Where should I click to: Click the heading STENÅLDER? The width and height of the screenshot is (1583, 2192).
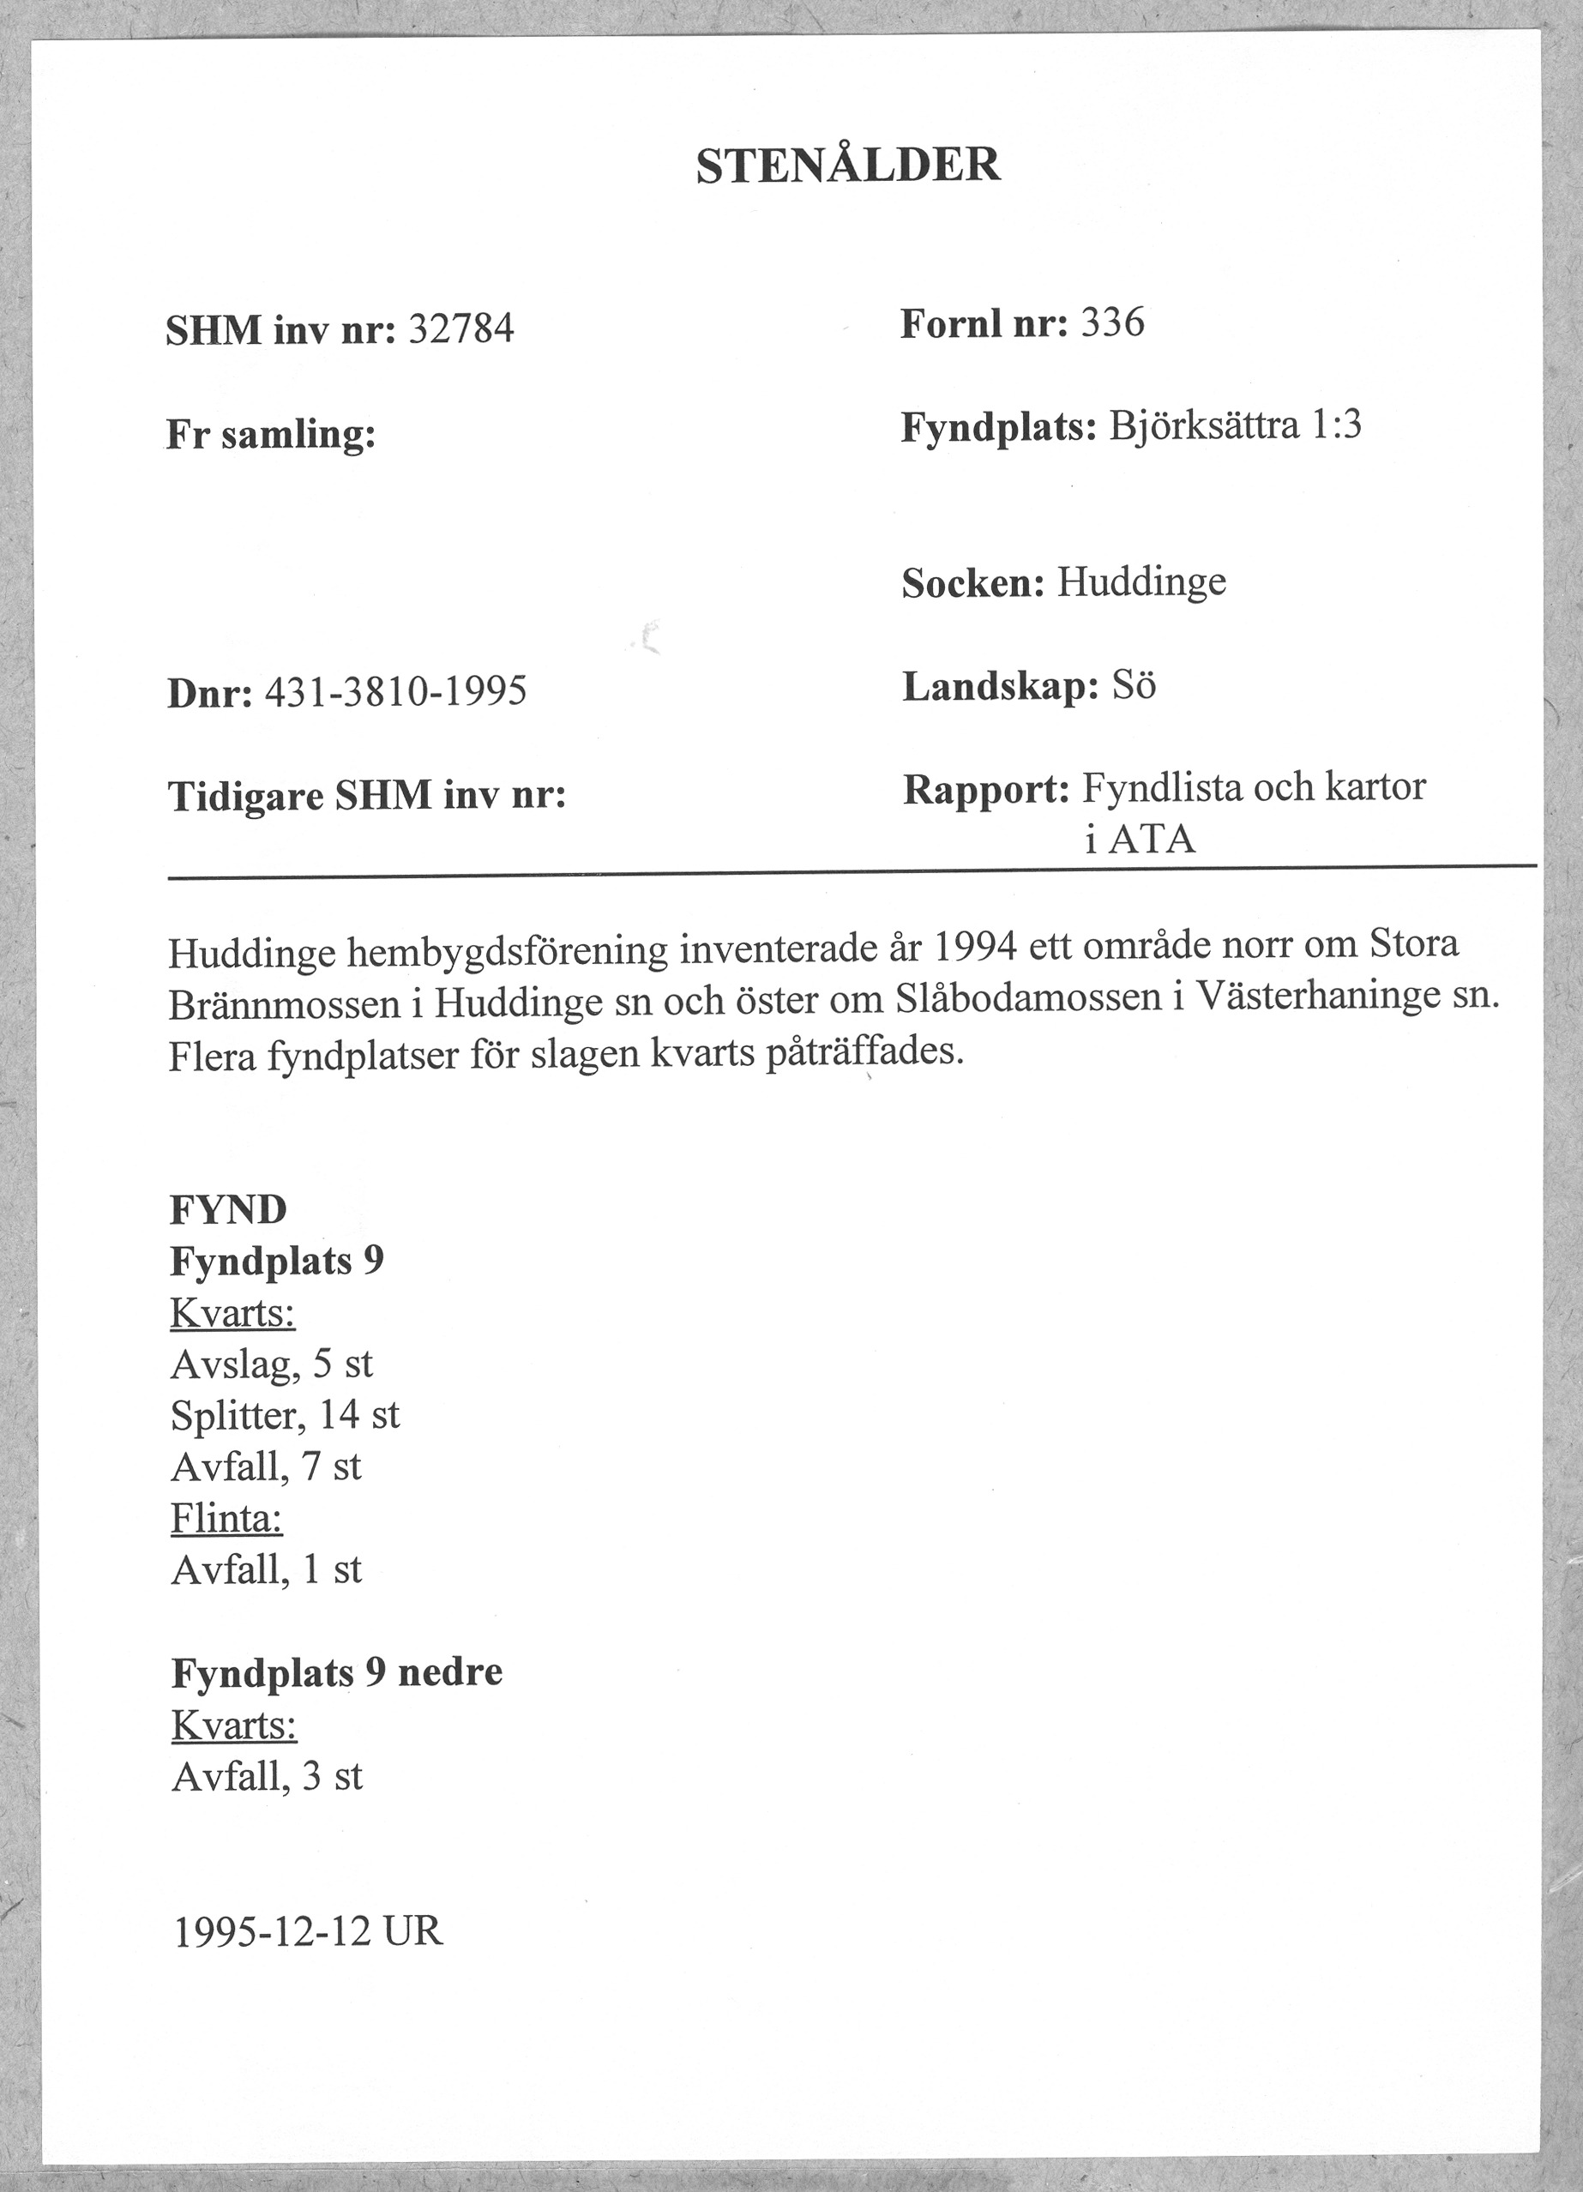coord(847,166)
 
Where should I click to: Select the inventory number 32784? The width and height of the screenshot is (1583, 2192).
coord(461,330)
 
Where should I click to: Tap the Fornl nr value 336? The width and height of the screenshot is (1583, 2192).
coord(1112,322)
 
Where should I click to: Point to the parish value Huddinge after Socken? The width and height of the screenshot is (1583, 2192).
coord(1141,581)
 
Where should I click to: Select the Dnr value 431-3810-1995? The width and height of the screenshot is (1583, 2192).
coord(395,692)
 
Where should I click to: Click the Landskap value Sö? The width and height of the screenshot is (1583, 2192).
coord(1134,686)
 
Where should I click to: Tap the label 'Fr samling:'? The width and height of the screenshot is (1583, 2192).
coord(271,435)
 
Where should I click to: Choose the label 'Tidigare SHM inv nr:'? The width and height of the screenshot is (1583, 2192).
coord(367,797)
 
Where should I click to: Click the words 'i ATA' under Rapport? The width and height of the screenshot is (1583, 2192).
coord(1141,839)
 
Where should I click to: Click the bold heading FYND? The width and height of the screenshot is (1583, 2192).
coord(229,1209)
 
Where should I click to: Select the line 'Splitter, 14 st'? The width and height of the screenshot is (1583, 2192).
coord(285,1415)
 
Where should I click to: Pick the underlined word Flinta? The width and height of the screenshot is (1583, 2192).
coord(227,1518)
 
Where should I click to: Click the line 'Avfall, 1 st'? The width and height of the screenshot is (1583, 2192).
coord(267,1569)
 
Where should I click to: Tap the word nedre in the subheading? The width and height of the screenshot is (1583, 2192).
coord(450,1672)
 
